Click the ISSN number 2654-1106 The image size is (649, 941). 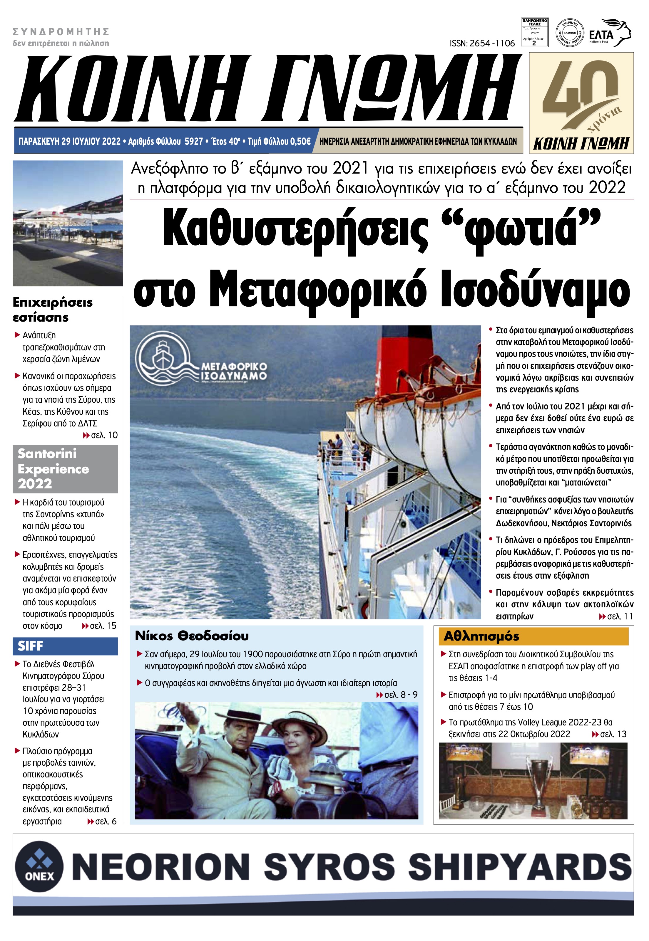(482, 43)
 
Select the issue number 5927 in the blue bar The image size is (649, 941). (194, 141)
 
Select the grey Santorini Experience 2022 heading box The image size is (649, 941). (65, 468)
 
